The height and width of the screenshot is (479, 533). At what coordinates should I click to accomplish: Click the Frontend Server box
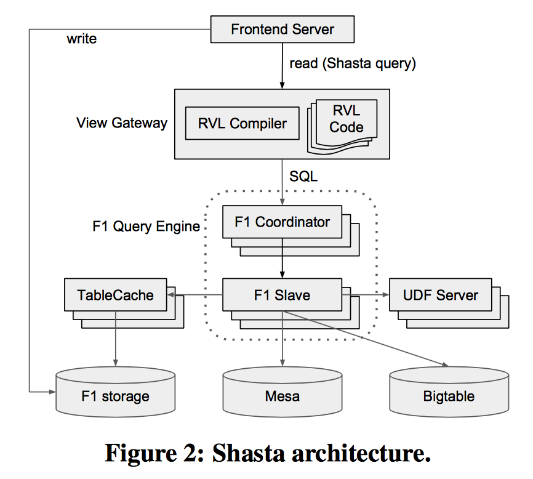tap(283, 29)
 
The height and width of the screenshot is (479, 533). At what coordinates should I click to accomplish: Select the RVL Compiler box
tap(242, 123)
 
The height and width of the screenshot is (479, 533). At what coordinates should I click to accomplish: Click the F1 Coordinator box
tap(282, 222)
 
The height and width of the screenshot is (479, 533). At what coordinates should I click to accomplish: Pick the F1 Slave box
tap(282, 295)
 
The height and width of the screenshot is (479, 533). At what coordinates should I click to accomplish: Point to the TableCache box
tap(115, 295)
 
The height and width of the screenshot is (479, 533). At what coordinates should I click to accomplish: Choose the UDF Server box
tap(440, 295)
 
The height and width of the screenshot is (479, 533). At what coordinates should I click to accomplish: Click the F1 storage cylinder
tap(115, 394)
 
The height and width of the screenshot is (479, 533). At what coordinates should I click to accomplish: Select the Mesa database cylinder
tap(283, 394)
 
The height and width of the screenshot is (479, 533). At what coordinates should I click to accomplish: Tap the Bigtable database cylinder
tap(449, 394)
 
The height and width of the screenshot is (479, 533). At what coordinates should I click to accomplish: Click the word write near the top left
tap(81, 39)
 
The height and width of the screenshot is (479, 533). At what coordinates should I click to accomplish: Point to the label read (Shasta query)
tap(353, 63)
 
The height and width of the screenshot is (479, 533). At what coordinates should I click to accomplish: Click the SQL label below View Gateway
tap(303, 177)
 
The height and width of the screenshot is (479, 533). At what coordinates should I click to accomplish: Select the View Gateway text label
tap(122, 123)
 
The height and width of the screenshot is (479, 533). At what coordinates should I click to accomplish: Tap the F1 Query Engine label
tap(146, 226)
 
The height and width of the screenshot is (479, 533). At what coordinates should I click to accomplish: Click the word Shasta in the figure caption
tap(259, 454)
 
